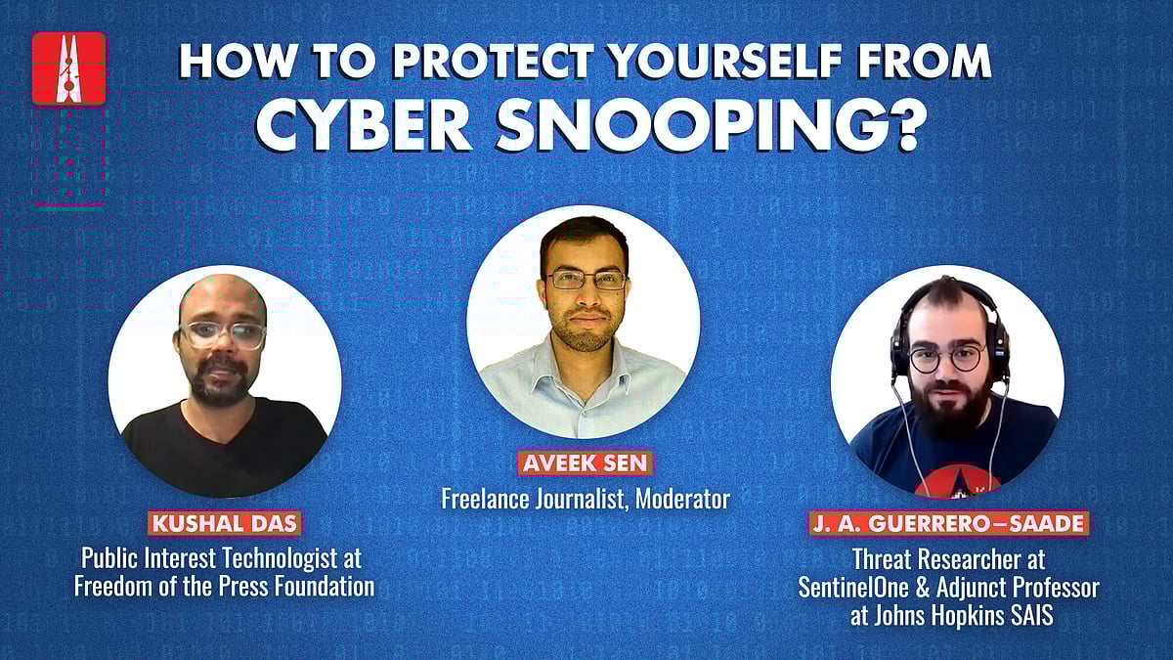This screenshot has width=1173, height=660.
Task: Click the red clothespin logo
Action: (x=68, y=67)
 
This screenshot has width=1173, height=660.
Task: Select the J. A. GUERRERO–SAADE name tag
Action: (x=948, y=523)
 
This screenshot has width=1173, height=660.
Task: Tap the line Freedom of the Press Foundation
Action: (x=228, y=587)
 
